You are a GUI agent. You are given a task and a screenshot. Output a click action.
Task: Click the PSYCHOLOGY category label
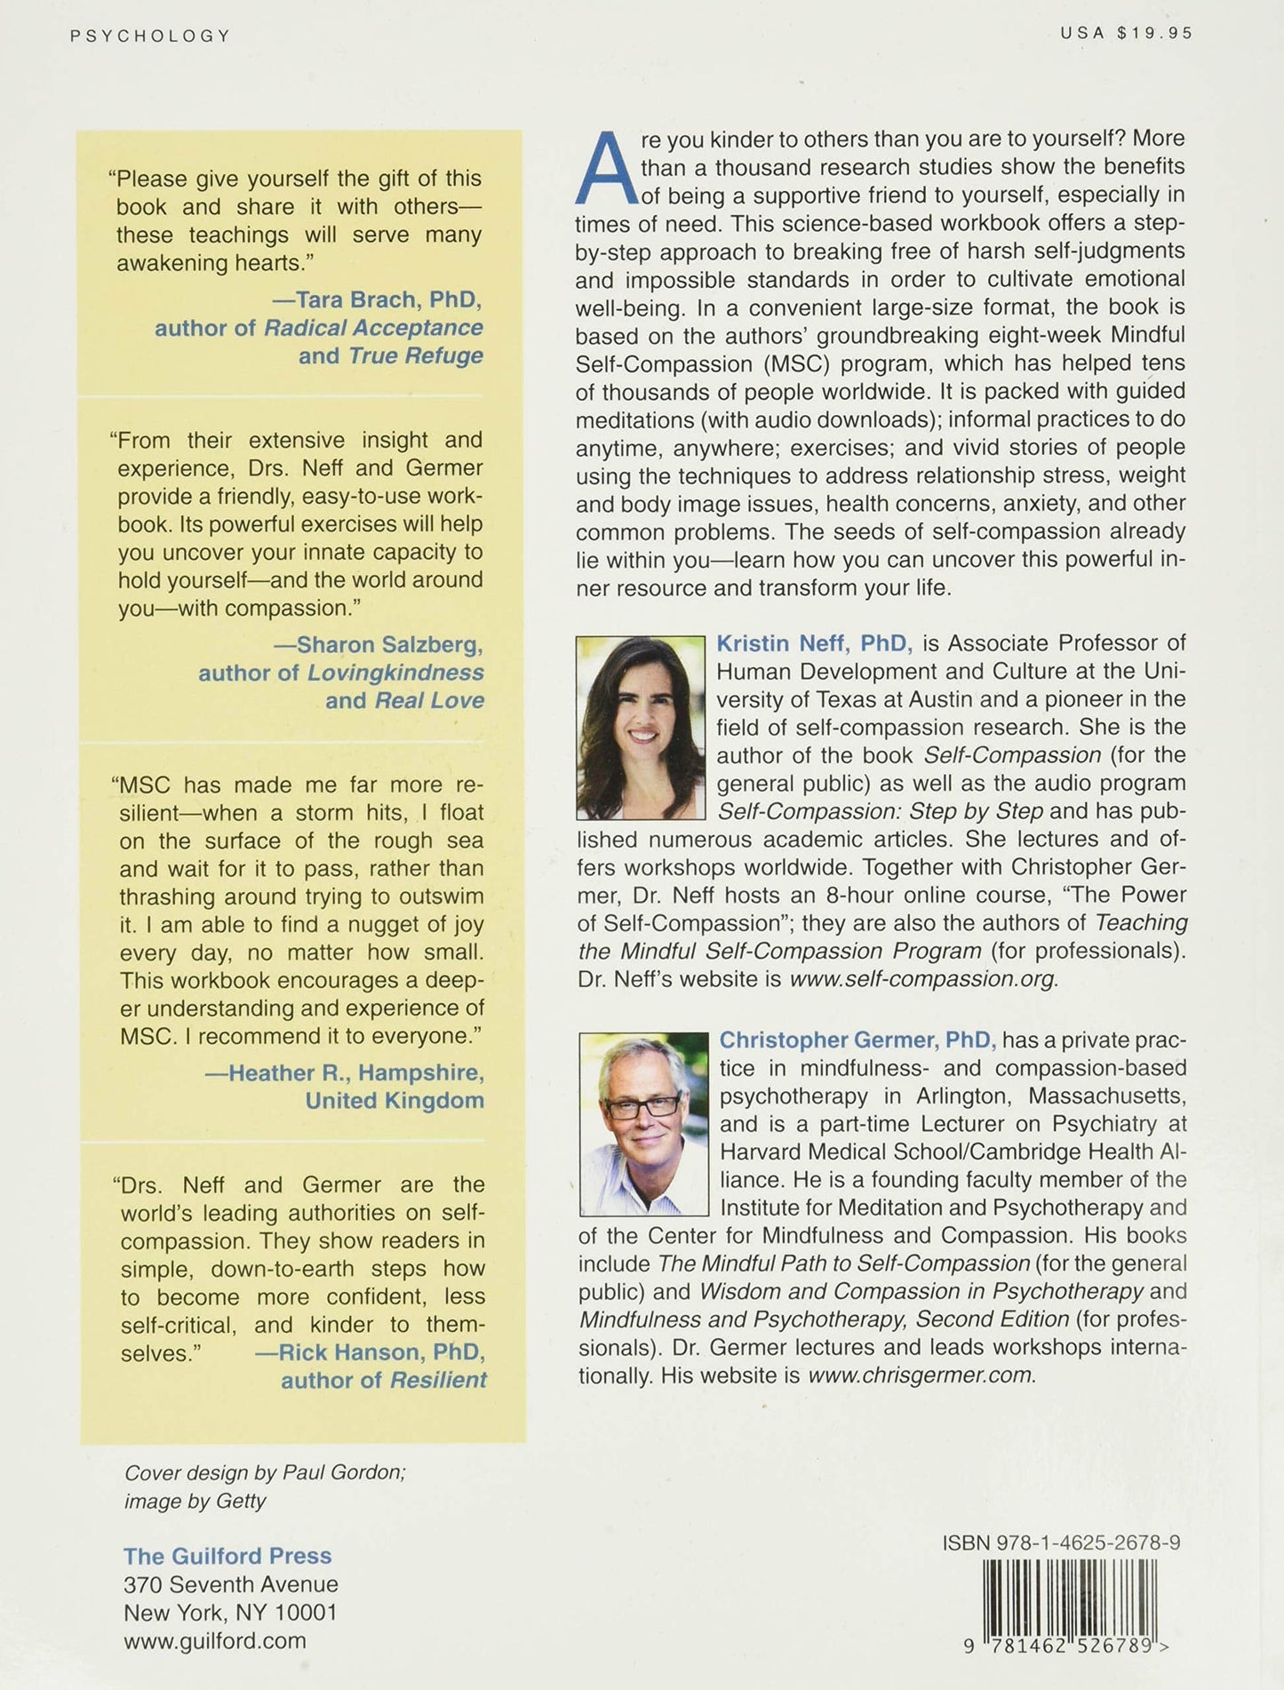149,36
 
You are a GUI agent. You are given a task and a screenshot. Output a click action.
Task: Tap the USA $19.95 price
1126,33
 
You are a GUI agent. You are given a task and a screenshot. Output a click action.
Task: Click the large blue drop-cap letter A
606,169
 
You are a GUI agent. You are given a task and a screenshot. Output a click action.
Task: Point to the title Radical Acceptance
373,328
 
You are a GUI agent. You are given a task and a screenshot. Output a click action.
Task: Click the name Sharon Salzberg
389,644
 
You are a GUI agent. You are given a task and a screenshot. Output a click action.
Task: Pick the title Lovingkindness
395,673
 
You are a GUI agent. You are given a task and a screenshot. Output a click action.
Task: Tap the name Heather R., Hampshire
355,1072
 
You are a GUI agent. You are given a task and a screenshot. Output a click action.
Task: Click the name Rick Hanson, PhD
382,1352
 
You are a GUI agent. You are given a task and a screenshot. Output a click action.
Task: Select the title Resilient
438,1380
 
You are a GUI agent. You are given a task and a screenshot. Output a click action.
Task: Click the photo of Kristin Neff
640,727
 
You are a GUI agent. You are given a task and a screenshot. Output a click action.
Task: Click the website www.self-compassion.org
922,979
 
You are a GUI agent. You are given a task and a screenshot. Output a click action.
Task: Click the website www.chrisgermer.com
921,1375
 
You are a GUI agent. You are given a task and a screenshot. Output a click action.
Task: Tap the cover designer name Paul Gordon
343,1472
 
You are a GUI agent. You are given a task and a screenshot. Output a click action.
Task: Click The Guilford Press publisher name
227,1556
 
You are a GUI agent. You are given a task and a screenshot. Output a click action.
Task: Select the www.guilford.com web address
215,1640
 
